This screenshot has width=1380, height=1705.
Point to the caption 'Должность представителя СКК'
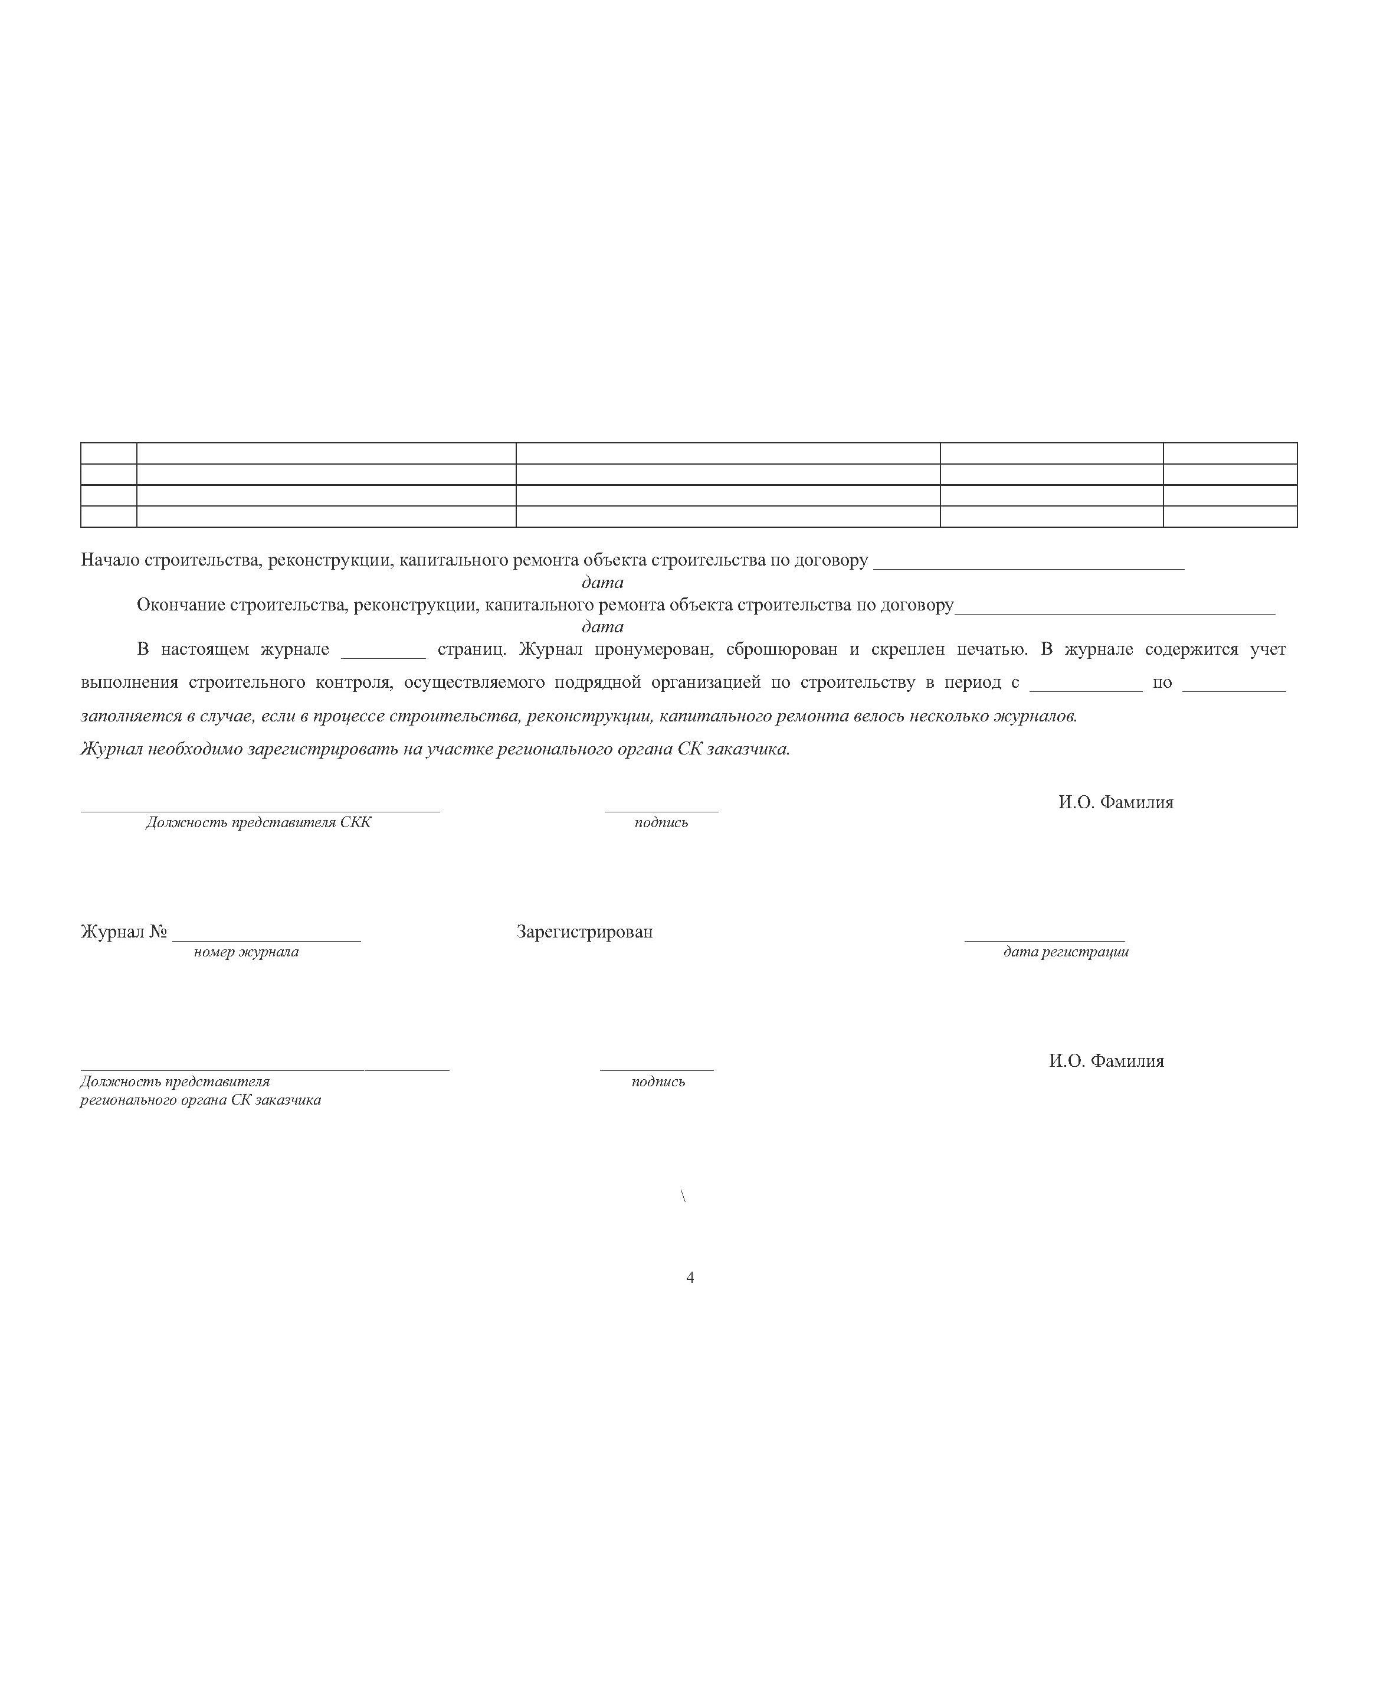coord(258,822)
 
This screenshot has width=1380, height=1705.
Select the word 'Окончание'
coord(181,605)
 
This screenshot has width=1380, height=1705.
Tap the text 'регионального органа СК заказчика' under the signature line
coord(201,1100)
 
